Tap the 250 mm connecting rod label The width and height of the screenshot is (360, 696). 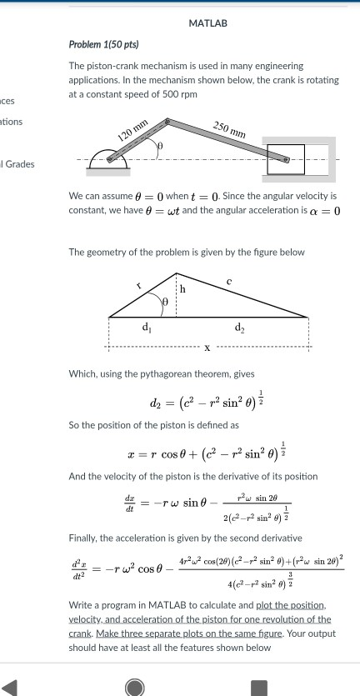click(x=229, y=129)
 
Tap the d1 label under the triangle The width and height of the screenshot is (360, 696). click(x=147, y=327)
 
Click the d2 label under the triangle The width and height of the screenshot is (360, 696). click(x=240, y=327)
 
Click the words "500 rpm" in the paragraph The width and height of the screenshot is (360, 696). click(x=180, y=94)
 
